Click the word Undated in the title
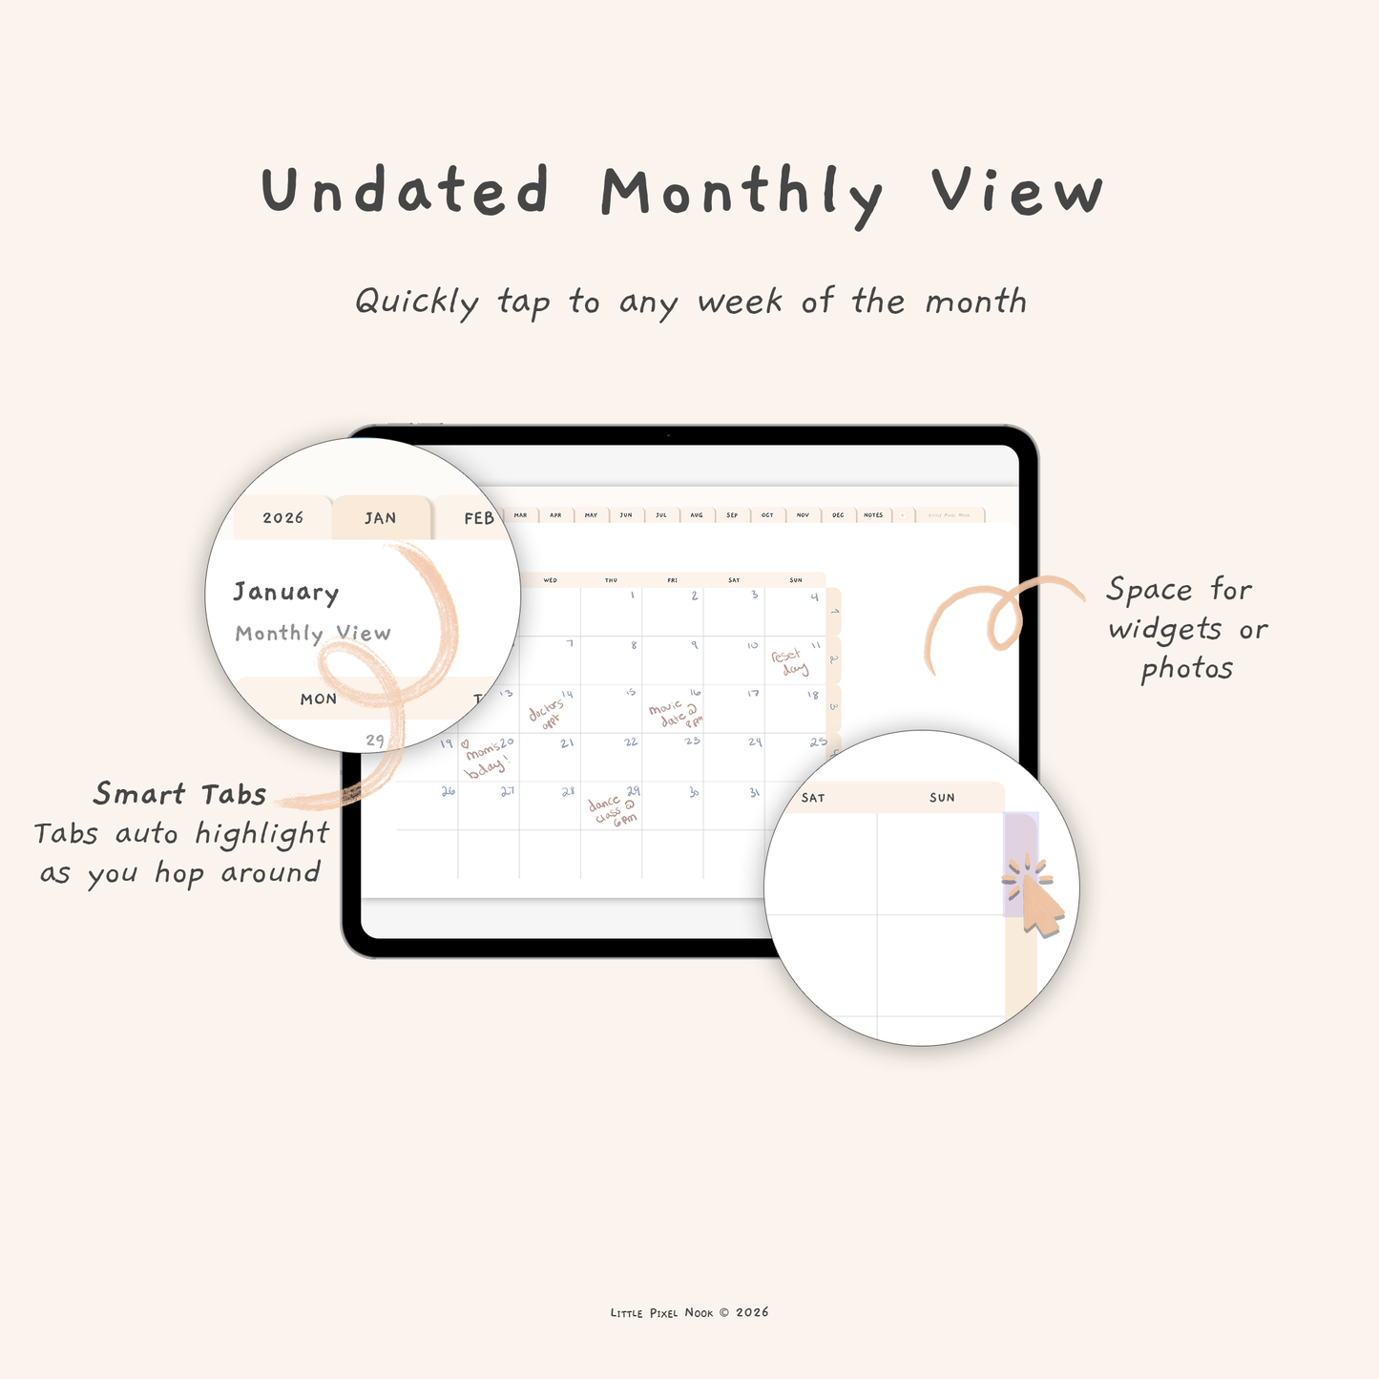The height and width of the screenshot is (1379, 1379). click(x=406, y=191)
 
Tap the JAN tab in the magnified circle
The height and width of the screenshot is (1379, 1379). click(x=380, y=518)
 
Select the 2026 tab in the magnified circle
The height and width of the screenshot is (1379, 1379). click(x=282, y=518)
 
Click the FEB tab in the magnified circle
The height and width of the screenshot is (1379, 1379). click(x=478, y=518)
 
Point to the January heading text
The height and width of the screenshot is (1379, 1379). click(x=286, y=593)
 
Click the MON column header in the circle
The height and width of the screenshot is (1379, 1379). click(x=319, y=700)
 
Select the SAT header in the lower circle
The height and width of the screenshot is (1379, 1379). click(x=813, y=798)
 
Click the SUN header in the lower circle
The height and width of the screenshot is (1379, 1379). click(x=942, y=798)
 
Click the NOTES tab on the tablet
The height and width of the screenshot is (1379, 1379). click(x=873, y=515)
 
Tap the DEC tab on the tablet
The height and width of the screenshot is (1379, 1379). click(x=838, y=515)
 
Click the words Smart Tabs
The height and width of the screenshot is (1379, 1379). click(x=180, y=794)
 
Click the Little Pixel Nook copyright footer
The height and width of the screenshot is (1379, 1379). click(x=689, y=1313)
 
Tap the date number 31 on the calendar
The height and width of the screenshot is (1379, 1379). click(x=755, y=792)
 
